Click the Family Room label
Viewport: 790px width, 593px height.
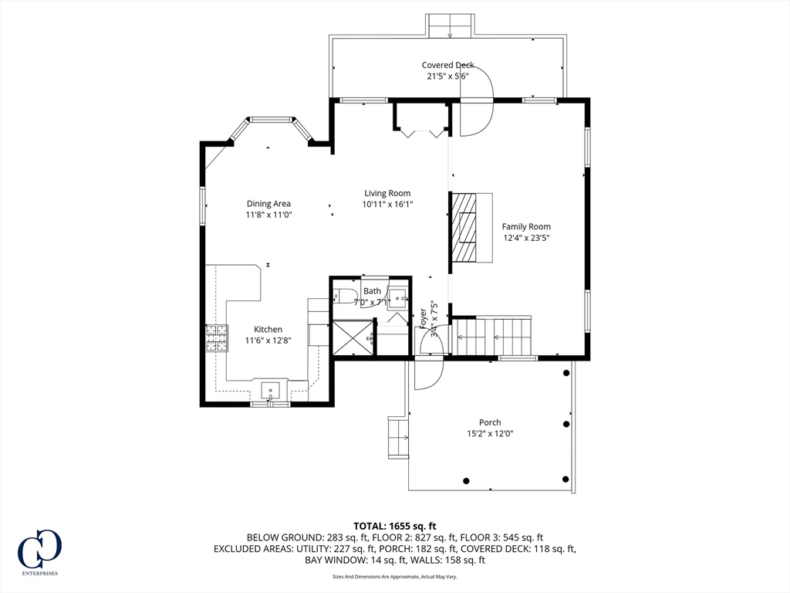pyautogui.click(x=526, y=227)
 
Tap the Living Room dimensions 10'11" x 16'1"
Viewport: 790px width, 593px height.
pyautogui.click(x=387, y=204)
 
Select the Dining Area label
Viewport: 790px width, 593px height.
pyautogui.click(x=268, y=204)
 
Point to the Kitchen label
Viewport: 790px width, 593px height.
pyautogui.click(x=268, y=330)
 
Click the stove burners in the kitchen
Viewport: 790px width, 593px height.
pyautogui.click(x=216, y=338)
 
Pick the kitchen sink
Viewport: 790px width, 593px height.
pyautogui.click(x=271, y=390)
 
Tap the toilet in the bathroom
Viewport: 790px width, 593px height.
pyautogui.click(x=345, y=296)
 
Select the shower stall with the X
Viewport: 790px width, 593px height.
pyautogui.click(x=352, y=338)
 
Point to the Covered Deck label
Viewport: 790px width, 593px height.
pyautogui.click(x=447, y=65)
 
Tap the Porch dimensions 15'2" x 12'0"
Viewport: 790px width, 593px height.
pyautogui.click(x=490, y=434)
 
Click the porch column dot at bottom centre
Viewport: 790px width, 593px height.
pyautogui.click(x=467, y=481)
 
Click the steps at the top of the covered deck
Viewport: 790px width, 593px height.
pyautogui.click(x=450, y=25)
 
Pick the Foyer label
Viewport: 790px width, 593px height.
pyautogui.click(x=424, y=319)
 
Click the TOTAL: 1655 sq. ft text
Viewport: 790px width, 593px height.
pyautogui.click(x=394, y=527)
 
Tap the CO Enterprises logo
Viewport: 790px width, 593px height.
pyautogui.click(x=39, y=552)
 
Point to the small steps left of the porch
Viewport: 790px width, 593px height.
pyautogui.click(x=398, y=437)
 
